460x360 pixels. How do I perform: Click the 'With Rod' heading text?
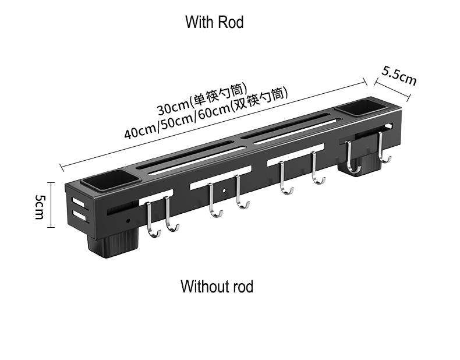point(214,23)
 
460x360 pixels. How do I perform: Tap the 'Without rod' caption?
point(217,287)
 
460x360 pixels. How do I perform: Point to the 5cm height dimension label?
point(39,206)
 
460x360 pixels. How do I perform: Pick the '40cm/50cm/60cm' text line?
point(206,114)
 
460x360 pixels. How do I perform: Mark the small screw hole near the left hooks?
point(127,221)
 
